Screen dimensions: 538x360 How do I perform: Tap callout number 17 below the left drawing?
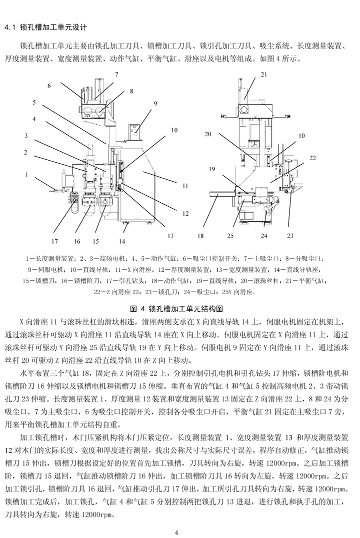click(x=55, y=240)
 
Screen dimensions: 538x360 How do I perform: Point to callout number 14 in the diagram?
click(x=122, y=240)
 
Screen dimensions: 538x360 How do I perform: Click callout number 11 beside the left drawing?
click(x=185, y=185)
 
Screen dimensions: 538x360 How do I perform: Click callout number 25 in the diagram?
click(x=230, y=234)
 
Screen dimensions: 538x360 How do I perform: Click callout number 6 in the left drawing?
click(x=49, y=86)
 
